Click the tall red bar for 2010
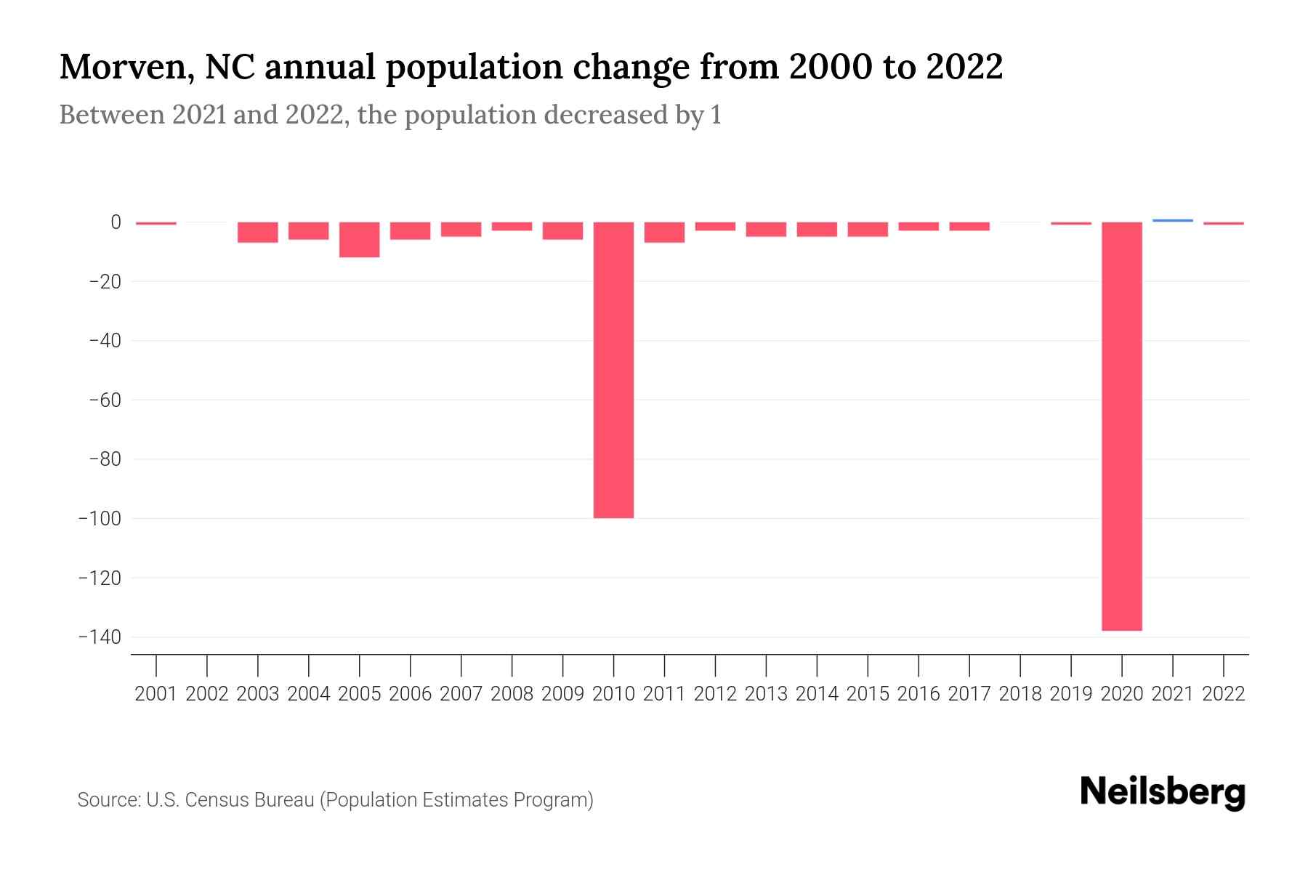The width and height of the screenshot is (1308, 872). point(613,370)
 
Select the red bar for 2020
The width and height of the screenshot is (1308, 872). point(1121,426)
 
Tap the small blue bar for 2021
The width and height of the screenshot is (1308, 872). point(1172,220)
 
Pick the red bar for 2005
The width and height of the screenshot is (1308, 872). point(359,240)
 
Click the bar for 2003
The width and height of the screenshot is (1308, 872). point(258,233)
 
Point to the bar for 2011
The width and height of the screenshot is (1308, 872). point(664,233)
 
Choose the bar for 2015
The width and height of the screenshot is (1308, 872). point(868,230)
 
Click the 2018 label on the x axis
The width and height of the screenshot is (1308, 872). point(1020,694)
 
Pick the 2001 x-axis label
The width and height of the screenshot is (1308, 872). point(156,694)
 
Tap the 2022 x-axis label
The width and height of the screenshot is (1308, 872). point(1223,694)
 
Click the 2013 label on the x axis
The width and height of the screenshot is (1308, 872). point(766,694)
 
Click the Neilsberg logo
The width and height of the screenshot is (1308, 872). point(1163,792)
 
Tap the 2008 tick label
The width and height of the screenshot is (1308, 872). point(512,694)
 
